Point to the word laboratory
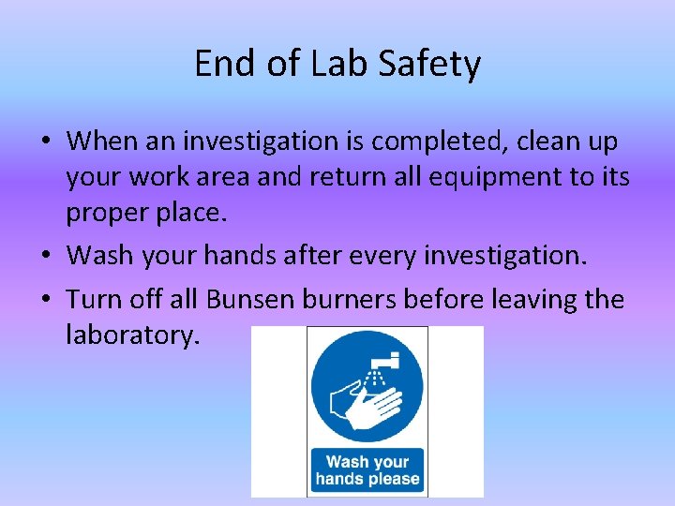point(132,334)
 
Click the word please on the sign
point(395,479)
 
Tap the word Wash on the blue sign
point(347,461)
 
